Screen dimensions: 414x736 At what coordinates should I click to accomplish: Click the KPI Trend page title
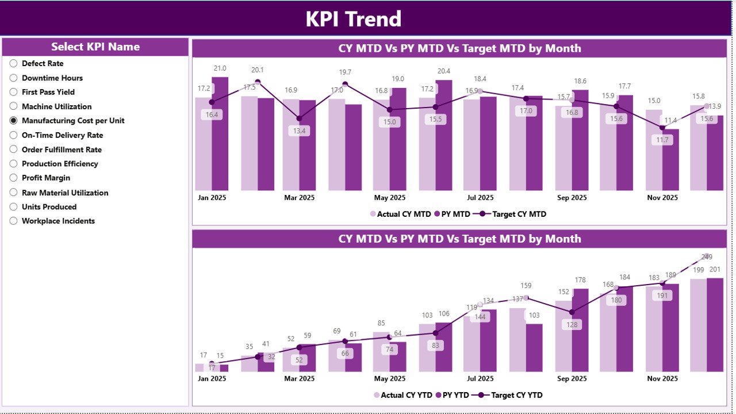click(353, 19)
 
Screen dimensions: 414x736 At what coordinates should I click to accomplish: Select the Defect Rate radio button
click(13, 63)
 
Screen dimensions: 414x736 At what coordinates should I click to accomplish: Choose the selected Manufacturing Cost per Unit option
click(13, 121)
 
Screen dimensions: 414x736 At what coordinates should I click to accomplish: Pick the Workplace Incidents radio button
click(13, 221)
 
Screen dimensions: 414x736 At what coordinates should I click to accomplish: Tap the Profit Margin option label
click(46, 178)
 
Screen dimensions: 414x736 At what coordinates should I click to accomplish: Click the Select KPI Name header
click(95, 47)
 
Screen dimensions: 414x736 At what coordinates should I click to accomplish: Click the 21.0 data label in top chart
click(220, 68)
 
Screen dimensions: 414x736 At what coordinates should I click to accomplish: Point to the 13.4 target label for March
click(299, 131)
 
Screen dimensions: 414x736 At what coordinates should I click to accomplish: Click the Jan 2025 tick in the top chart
click(212, 198)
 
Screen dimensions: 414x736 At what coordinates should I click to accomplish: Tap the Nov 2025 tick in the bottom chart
click(662, 379)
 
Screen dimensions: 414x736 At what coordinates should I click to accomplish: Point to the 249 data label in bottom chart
click(707, 257)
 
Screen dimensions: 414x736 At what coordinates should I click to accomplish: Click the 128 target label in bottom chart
click(572, 324)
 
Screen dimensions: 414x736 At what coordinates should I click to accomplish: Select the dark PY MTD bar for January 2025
click(220, 133)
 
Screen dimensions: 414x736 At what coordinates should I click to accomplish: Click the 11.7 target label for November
click(662, 140)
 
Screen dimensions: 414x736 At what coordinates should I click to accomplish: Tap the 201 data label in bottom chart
click(715, 270)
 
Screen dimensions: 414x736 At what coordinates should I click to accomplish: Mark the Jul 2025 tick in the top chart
click(480, 198)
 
